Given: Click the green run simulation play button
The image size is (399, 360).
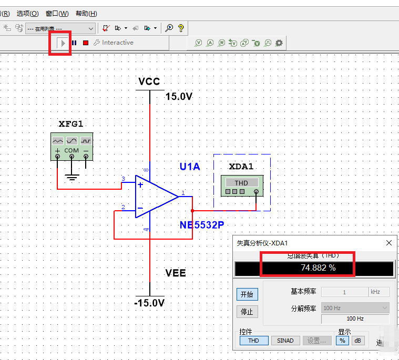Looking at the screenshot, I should (63, 43).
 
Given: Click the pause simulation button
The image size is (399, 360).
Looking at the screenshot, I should (74, 43).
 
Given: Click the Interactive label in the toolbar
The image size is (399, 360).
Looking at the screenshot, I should (117, 43).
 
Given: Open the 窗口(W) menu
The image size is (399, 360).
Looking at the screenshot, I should (57, 13).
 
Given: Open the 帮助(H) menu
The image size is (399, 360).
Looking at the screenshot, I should (86, 13).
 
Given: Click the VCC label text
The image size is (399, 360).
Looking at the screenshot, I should (149, 81).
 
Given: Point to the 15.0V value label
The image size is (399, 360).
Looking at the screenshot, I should (179, 97).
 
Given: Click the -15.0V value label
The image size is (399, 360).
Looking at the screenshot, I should (149, 303).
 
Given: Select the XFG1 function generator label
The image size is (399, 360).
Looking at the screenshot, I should (71, 124).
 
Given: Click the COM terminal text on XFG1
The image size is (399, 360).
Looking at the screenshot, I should (71, 150).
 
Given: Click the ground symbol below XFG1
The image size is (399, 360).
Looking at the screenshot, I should (71, 177).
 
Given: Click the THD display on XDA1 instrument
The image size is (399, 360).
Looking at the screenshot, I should (241, 183).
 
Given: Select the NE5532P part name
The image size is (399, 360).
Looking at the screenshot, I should (201, 225).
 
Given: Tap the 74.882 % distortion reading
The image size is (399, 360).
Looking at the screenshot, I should (318, 268).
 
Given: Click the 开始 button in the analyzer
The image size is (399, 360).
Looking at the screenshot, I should (247, 294).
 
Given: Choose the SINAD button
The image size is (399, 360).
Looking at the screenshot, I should (285, 341).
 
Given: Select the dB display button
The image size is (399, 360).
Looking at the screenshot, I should (358, 341).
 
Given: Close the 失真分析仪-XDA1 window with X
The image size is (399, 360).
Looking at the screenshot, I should (389, 243).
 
